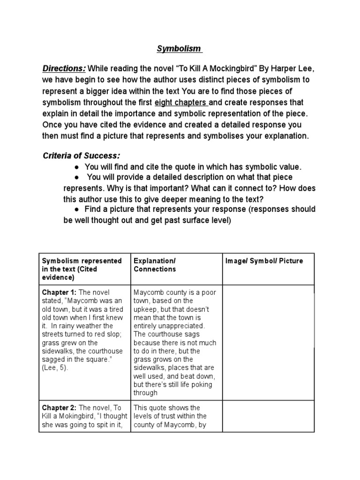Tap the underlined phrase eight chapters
coord(186,102)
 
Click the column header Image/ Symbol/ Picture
coord(264,261)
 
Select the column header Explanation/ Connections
coord(155,265)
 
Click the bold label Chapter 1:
coord(60,292)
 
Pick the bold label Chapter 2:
coord(60,408)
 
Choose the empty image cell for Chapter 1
coord(268,342)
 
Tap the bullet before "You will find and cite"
coord(76,167)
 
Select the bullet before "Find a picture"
coord(76,209)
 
